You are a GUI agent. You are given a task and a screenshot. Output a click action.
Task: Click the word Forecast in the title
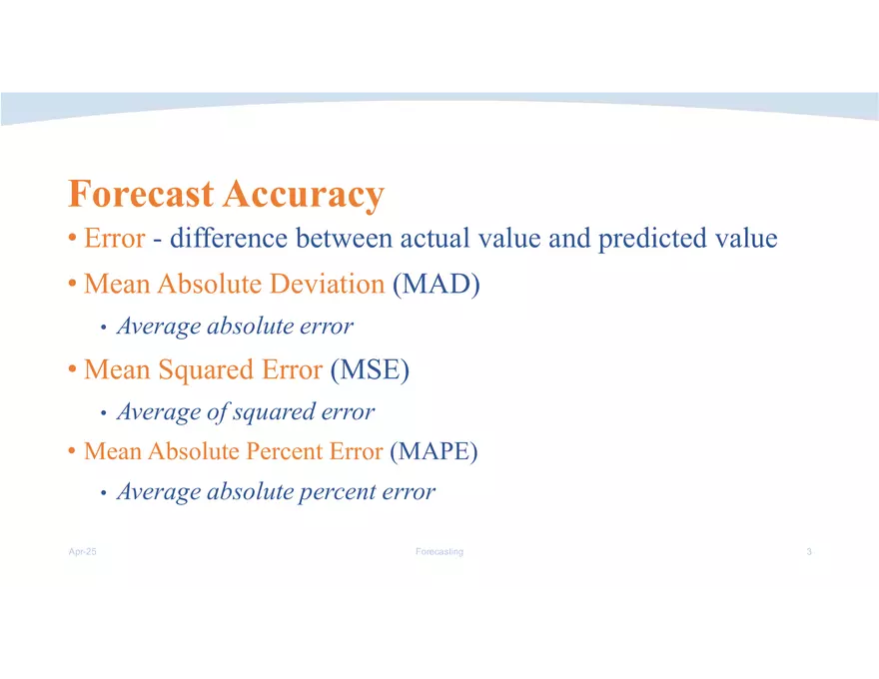click(x=141, y=194)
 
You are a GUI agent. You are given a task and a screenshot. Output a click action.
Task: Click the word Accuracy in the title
click(x=304, y=195)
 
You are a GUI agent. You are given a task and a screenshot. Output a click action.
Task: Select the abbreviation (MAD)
click(x=437, y=285)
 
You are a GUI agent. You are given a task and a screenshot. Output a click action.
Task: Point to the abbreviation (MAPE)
click(x=434, y=451)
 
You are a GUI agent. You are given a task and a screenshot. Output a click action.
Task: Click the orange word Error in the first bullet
click(x=115, y=239)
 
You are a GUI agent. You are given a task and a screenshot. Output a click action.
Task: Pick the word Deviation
click(x=333, y=285)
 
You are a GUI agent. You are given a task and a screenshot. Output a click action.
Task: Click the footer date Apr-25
click(x=82, y=552)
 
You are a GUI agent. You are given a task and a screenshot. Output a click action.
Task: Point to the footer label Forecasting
click(x=439, y=552)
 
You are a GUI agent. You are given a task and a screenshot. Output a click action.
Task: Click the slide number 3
click(x=809, y=552)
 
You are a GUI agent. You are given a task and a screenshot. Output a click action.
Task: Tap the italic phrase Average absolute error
click(x=235, y=327)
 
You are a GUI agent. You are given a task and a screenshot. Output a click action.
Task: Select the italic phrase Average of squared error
click(x=246, y=412)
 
